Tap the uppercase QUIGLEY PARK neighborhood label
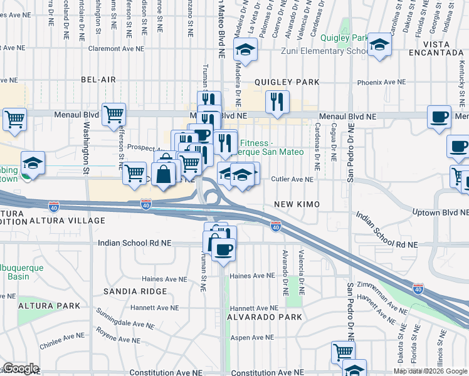[x=287, y=82]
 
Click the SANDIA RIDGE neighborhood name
[x=136, y=291]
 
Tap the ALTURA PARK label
[x=50, y=306]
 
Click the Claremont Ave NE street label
[x=117, y=48]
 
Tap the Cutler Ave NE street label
[x=292, y=179]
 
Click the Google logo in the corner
[x=21, y=368]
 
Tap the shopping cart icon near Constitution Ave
[x=343, y=352]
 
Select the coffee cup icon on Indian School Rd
[x=223, y=249]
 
